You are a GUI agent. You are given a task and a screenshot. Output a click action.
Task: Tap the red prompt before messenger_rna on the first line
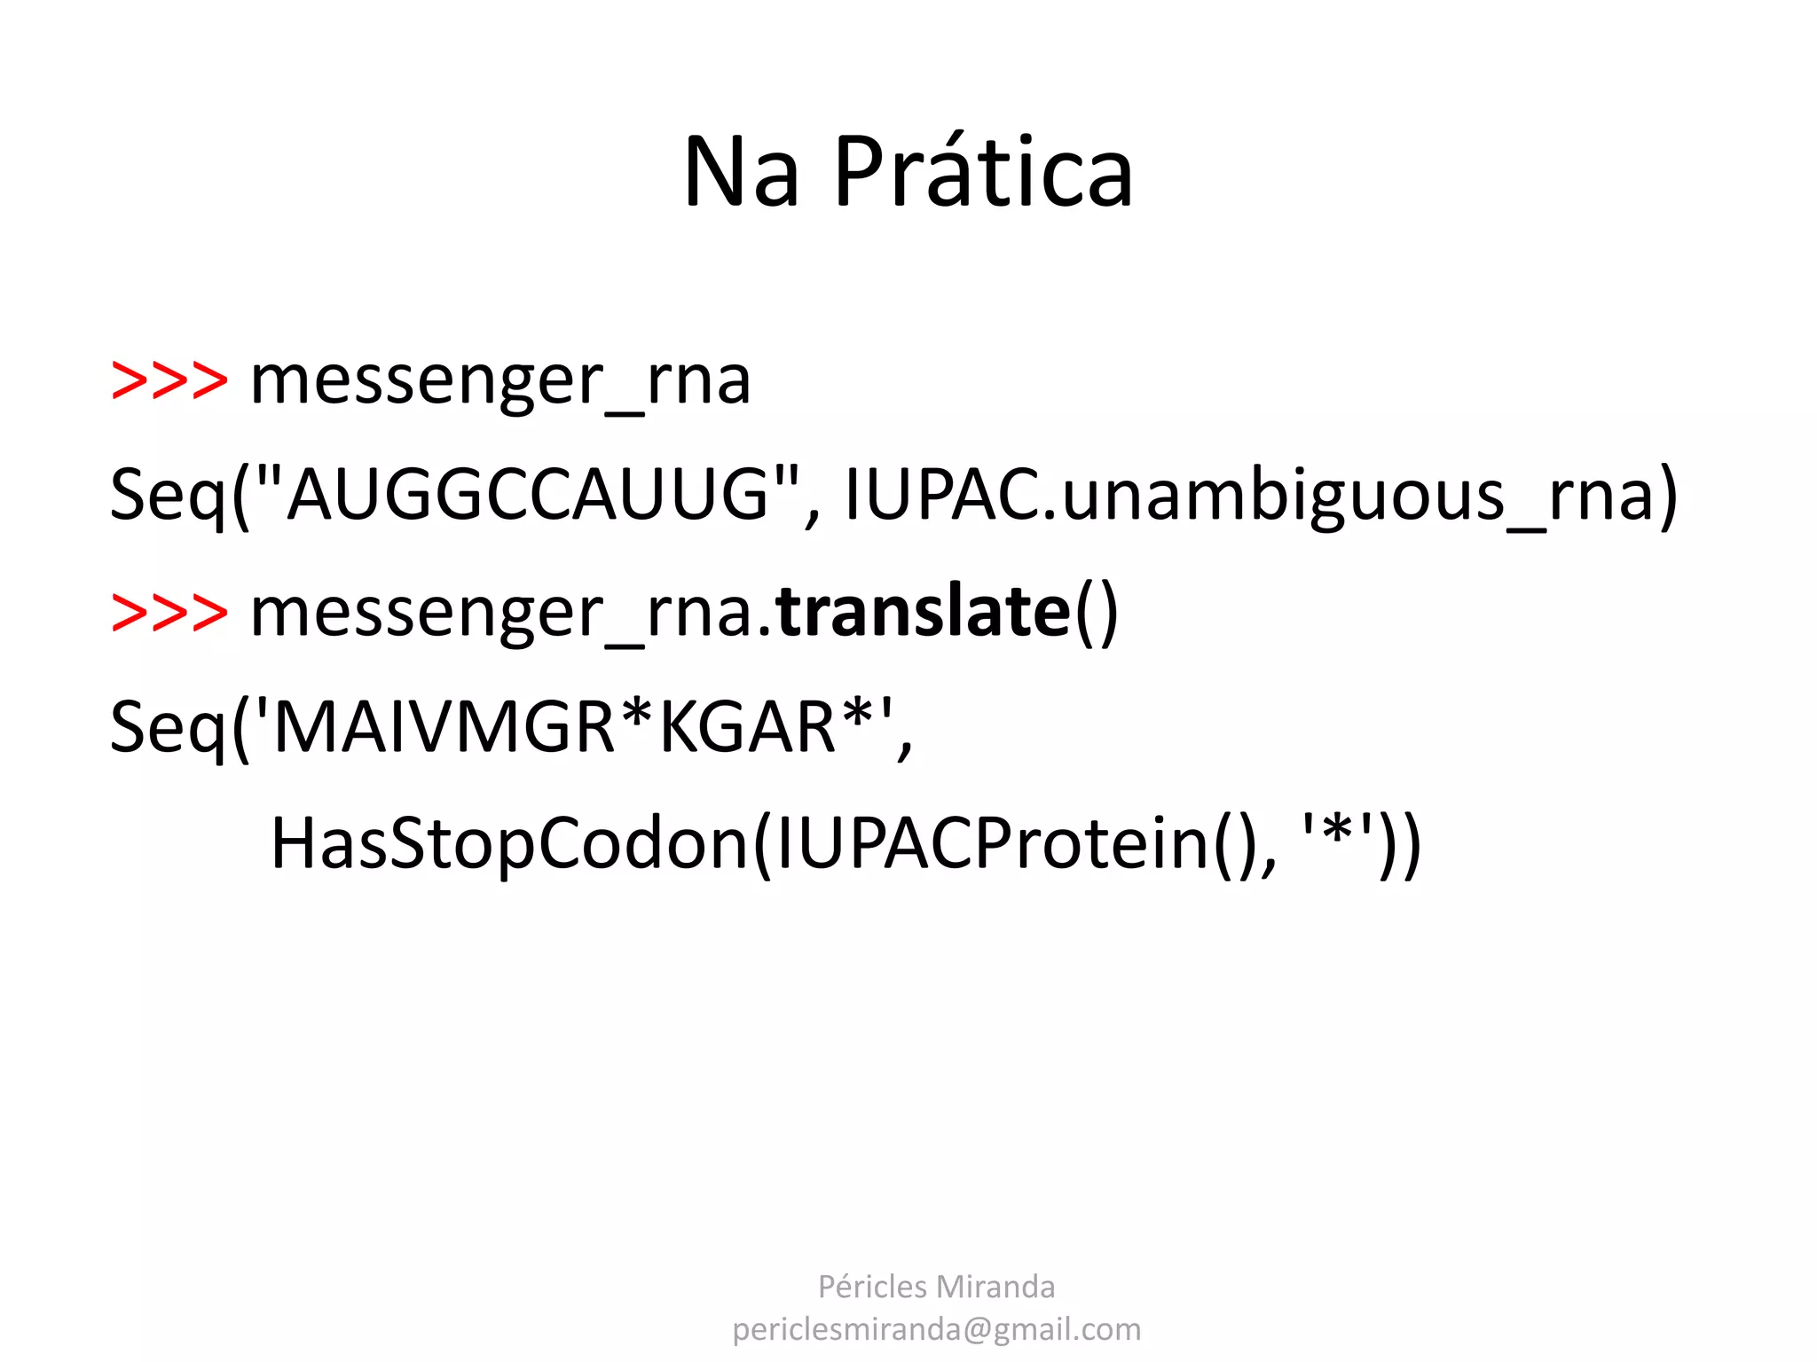tap(169, 380)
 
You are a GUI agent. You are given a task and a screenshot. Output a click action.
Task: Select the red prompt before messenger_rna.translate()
tap(169, 613)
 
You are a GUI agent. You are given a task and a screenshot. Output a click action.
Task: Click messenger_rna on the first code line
tap(500, 382)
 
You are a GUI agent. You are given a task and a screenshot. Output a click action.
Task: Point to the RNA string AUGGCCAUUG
tap(528, 494)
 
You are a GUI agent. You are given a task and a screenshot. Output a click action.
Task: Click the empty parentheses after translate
tap(1097, 614)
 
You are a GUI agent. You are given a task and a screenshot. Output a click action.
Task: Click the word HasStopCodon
tap(509, 843)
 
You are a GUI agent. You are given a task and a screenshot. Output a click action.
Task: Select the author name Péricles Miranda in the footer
tap(936, 1287)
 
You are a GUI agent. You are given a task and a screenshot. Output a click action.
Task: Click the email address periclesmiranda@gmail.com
tap(936, 1329)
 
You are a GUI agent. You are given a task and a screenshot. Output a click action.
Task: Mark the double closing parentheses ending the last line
tap(1401, 845)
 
